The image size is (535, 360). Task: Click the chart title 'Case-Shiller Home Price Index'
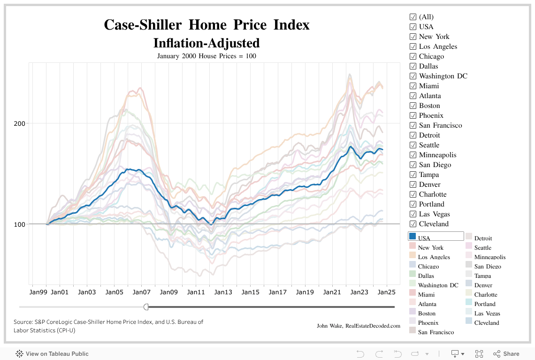point(206,24)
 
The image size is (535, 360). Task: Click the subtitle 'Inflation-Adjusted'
point(206,43)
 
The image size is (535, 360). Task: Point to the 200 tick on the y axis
point(21,123)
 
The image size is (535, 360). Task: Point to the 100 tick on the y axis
point(21,224)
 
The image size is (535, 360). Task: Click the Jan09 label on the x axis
point(169,292)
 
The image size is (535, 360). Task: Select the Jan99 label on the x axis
point(38,292)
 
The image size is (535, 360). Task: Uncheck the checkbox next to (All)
point(413,17)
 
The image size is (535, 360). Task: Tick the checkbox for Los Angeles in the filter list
point(413,46)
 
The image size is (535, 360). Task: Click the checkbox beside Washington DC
point(413,76)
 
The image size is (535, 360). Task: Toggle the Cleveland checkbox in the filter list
point(413,224)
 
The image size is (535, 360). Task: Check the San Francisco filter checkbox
point(413,125)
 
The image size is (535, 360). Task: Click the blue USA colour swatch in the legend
point(413,237)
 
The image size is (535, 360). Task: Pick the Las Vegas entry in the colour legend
point(487,313)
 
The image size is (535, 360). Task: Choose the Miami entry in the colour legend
point(426,294)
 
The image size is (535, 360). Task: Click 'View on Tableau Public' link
point(57,354)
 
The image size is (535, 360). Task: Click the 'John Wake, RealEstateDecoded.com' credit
point(359,326)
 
